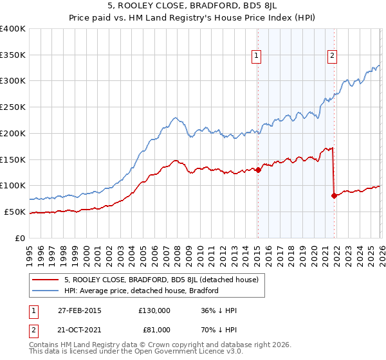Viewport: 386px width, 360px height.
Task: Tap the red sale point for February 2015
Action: pyautogui.click(x=258, y=170)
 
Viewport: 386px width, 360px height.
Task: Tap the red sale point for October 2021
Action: pyautogui.click(x=334, y=195)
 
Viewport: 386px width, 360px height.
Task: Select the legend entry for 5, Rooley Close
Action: pyautogui.click(x=161, y=280)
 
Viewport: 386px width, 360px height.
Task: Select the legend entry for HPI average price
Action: pyautogui.click(x=141, y=291)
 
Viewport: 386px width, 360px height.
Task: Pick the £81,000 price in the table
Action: pyautogui.click(x=154, y=329)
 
